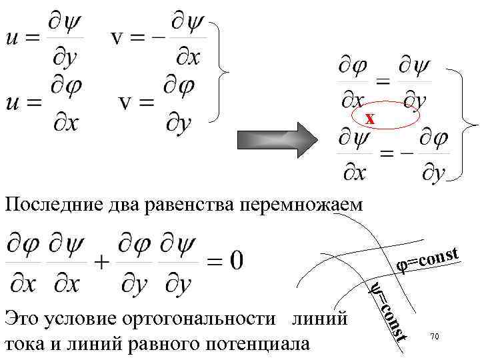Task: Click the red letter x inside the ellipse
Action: coord(370,119)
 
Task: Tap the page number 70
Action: coord(433,338)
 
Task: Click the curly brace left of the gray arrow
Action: coord(223,70)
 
